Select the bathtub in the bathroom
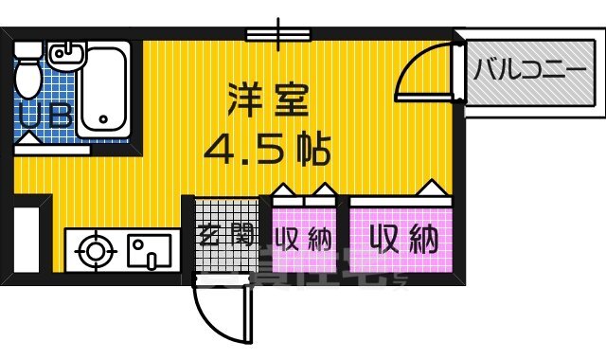point(105,90)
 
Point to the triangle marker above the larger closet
point(432,188)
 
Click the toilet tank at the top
point(28,48)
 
